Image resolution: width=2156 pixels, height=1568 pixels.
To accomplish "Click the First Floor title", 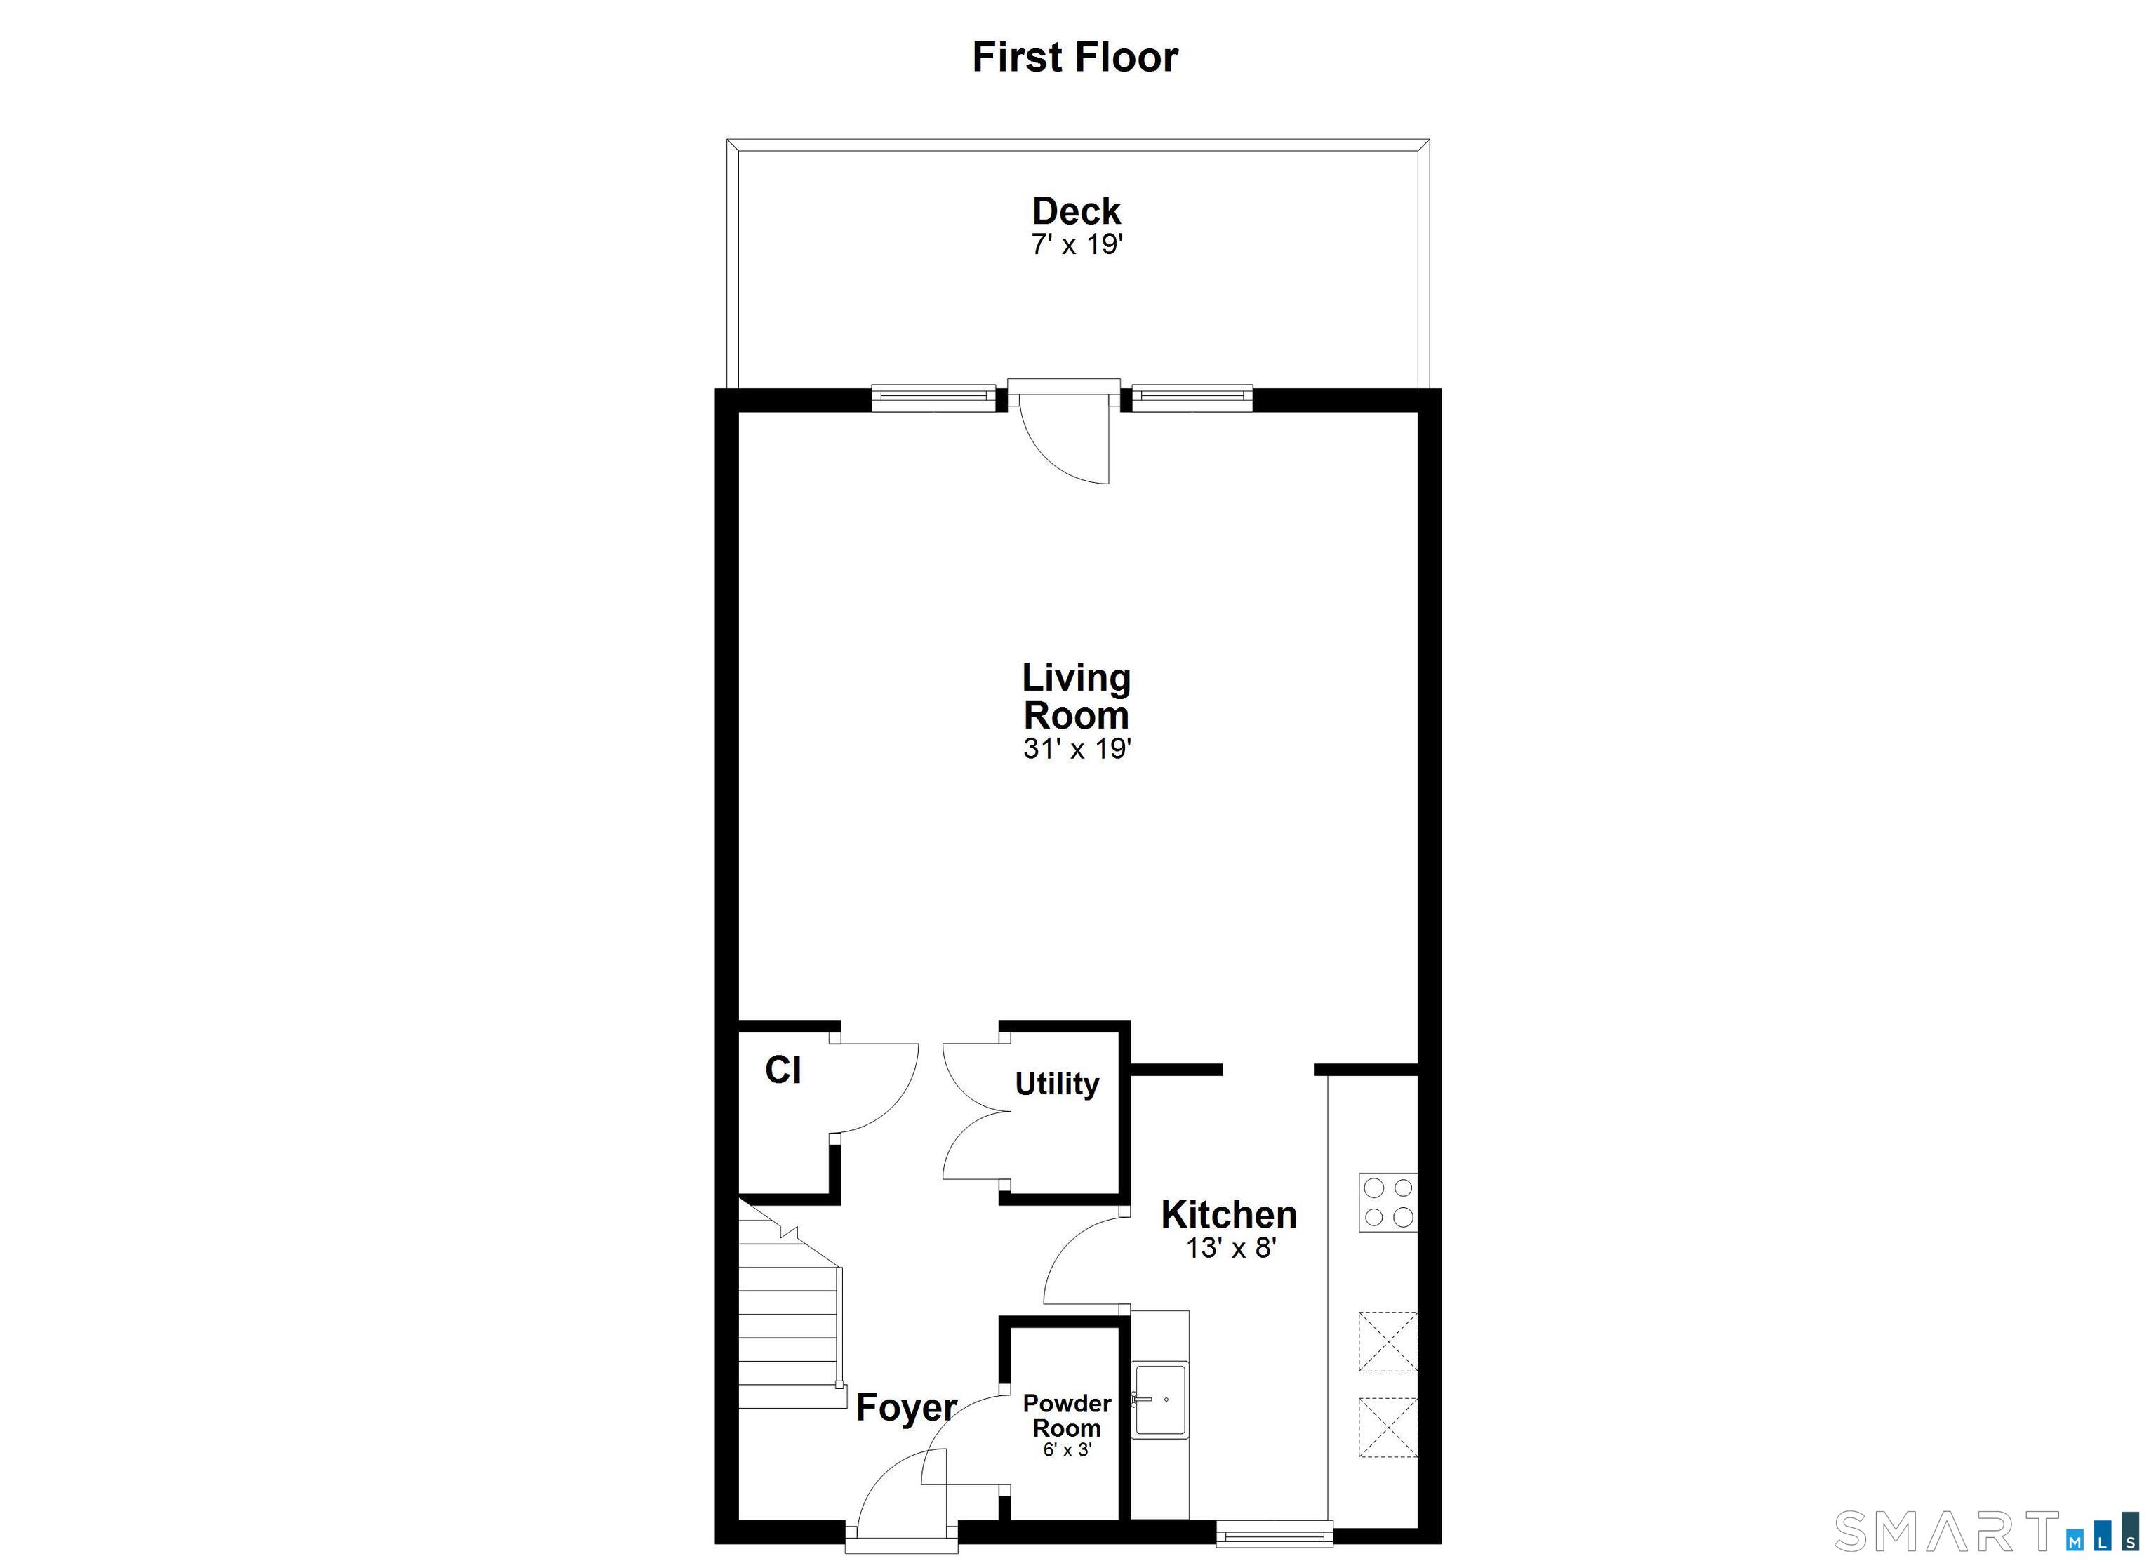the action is click(1075, 57).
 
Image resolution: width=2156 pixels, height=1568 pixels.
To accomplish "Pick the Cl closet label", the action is click(783, 1070).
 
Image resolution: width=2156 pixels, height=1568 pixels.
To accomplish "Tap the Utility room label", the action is click(1057, 1083).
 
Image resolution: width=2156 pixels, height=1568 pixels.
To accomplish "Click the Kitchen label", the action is click(1229, 1214).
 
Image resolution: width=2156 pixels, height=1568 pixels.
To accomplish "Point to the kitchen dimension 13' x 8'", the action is click(1230, 1247).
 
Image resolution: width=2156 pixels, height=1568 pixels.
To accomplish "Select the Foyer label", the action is click(907, 1408).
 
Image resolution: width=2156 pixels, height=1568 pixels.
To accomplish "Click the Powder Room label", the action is click(1067, 1416).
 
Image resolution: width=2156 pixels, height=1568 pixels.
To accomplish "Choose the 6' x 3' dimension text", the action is click(1067, 1450).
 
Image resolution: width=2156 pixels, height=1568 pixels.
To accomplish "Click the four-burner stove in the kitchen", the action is click(1388, 1203).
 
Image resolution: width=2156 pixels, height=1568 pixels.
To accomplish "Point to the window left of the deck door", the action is click(933, 397).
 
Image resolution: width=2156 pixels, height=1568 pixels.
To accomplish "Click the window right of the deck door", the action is click(1192, 397).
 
